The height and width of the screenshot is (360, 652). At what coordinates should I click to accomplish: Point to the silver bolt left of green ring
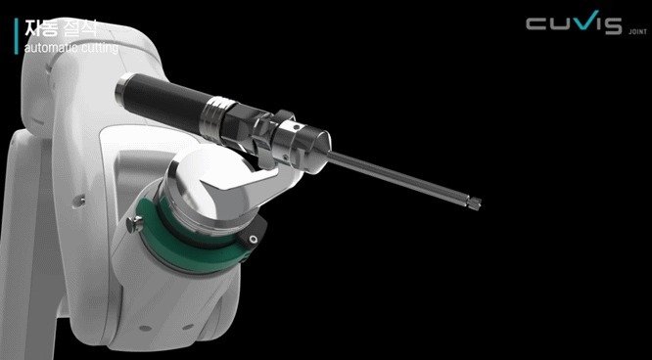pyautogui.click(x=128, y=228)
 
